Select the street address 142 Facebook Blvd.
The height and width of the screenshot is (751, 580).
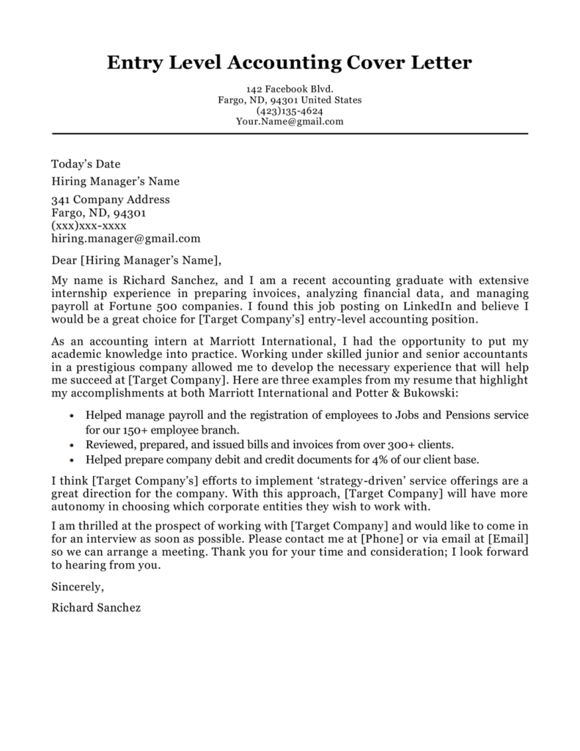pos(290,89)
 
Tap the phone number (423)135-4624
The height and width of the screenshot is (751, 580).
pos(290,111)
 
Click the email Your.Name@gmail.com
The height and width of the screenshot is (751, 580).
pos(290,122)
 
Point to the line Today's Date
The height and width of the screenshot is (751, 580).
pos(86,164)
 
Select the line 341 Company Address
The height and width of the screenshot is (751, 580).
pos(110,199)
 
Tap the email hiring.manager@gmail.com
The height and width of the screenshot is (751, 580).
pos(125,238)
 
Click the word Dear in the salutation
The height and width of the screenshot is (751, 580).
pos(64,259)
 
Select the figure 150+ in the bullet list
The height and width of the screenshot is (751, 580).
pos(128,430)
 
